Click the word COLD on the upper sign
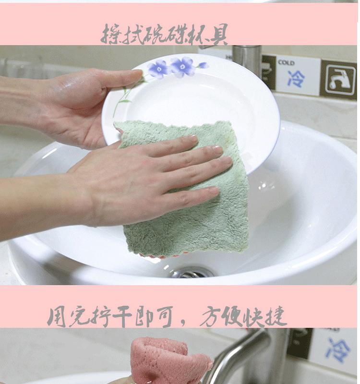click(287, 62)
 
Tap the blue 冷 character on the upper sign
click(296, 78)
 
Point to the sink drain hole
click(192, 273)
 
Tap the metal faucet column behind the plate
click(247, 58)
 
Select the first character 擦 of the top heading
click(111, 34)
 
